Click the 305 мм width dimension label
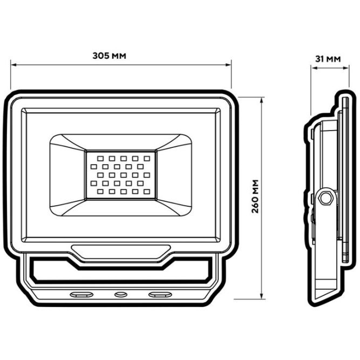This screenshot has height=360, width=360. (109, 56)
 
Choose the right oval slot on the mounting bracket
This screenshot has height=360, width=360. (159, 294)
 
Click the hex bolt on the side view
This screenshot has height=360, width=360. (325, 196)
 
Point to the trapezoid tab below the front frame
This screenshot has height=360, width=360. (120, 252)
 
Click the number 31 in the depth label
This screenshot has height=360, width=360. (319, 59)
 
